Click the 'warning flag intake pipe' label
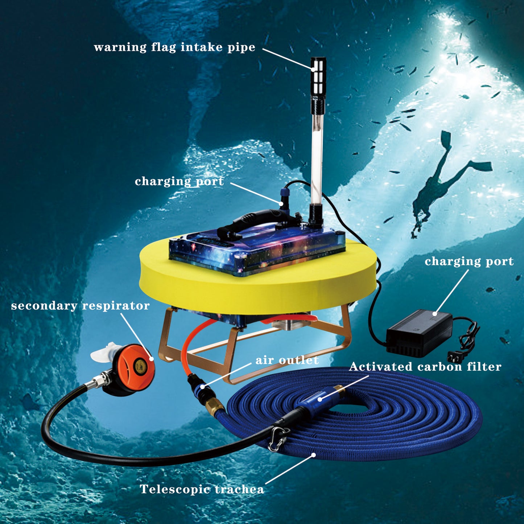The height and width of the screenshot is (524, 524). tap(174, 47)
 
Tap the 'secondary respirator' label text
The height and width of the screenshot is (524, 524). tap(80, 306)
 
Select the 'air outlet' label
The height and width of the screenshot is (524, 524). tap(287, 360)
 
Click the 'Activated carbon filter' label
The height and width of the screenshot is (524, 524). tap(425, 366)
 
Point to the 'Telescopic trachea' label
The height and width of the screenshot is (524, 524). tap(202, 489)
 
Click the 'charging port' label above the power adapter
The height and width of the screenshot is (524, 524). tap(469, 261)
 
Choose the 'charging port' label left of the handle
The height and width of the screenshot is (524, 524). tap(179, 181)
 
